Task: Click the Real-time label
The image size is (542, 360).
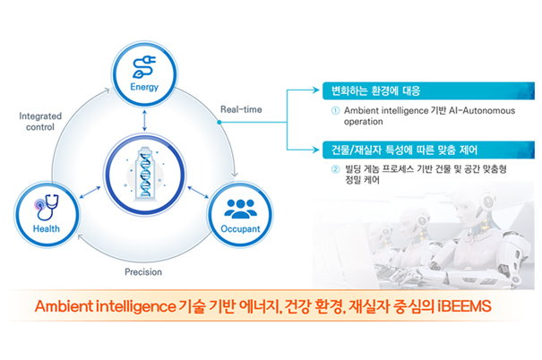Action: click(x=241, y=109)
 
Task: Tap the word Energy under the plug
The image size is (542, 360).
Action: click(x=144, y=88)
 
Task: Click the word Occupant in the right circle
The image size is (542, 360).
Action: click(x=238, y=229)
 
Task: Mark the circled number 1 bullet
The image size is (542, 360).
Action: click(x=335, y=110)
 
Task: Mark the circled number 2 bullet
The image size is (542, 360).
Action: click(x=335, y=168)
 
